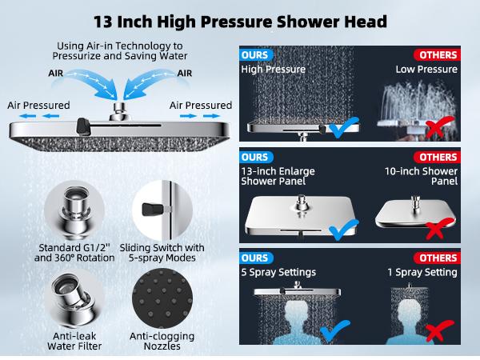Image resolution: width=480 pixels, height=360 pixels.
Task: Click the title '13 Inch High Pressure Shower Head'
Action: (240, 21)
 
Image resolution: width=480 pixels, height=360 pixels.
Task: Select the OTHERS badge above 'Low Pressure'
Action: (436, 55)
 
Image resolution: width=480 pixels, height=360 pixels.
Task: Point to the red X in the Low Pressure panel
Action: (435, 126)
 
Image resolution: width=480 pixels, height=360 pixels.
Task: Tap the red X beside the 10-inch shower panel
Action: (436, 230)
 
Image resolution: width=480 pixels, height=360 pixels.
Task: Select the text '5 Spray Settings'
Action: (273, 272)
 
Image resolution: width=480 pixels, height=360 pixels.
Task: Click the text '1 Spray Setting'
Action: (423, 272)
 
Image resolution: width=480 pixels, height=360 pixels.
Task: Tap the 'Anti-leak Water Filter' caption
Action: (73, 342)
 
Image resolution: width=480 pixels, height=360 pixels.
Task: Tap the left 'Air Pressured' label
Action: (38, 106)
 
